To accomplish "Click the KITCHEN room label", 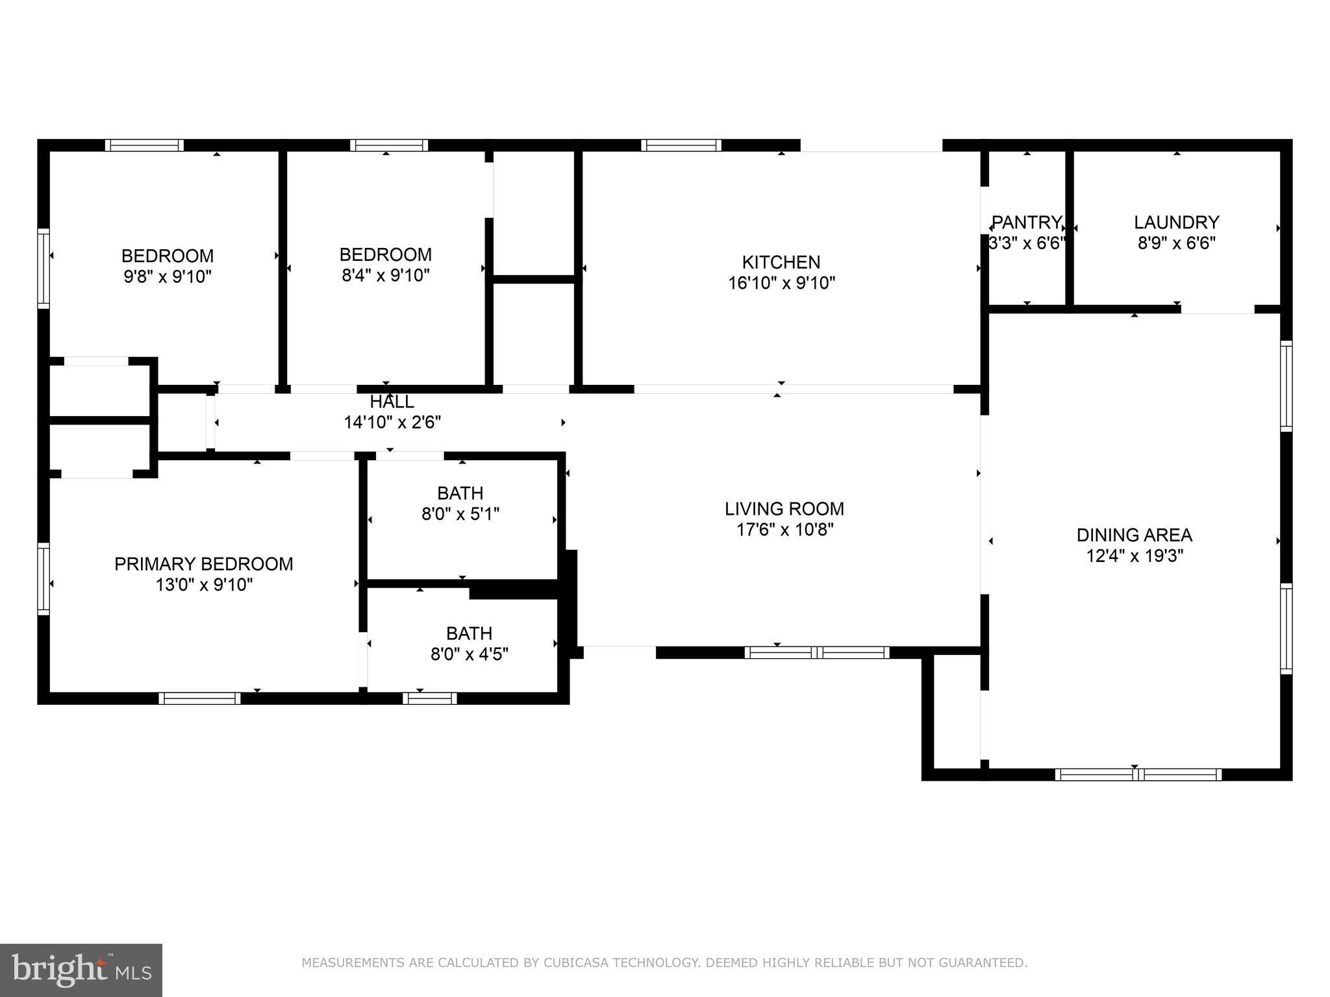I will coord(781,262).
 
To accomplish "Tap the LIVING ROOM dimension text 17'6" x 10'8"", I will coord(784,530).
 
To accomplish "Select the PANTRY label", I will coord(1026,223).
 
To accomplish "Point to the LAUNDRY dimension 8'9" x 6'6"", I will coord(1176,243).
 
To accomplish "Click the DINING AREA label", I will coord(1134,535).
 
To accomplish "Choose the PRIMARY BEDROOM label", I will coord(203,564).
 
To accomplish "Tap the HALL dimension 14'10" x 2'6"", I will coord(392,423).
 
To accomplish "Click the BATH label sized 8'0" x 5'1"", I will coord(460,493).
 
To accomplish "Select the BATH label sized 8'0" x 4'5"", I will coord(469,633).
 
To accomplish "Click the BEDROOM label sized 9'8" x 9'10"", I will coord(168,256).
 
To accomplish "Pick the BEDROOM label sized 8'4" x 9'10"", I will coord(385,254).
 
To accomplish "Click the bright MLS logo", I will coord(81,970).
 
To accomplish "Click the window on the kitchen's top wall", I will coord(681,145).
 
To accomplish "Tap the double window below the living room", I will coord(816,652).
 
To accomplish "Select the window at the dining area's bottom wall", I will coord(1138,774).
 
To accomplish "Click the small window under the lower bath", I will coord(429,698).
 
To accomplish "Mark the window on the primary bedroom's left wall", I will coord(44,579).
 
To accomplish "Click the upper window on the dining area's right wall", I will coord(1286,386).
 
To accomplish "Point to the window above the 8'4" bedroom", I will coord(389,145).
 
